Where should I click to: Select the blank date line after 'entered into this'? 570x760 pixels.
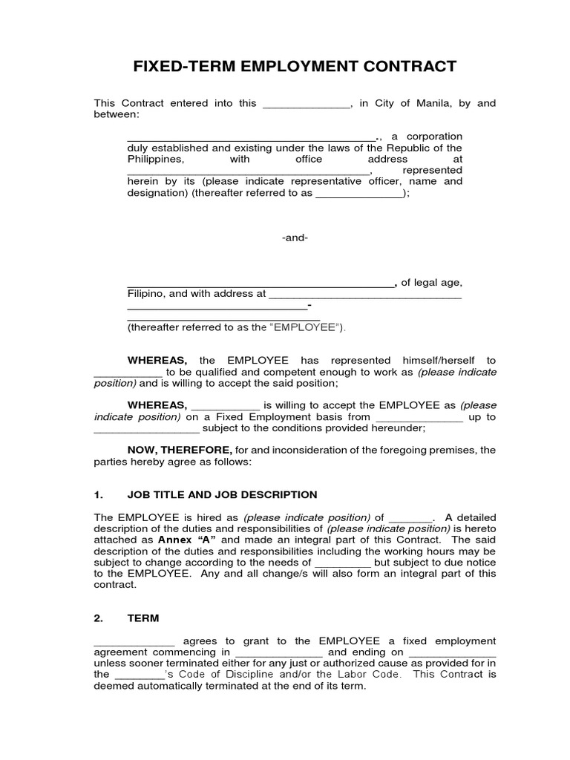click(x=305, y=104)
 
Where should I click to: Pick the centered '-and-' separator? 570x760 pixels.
click(x=295, y=237)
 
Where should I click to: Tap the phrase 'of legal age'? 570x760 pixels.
click(x=432, y=282)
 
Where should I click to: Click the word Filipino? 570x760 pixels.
click(x=145, y=293)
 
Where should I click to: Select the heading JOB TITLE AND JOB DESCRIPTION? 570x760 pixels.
click(x=222, y=494)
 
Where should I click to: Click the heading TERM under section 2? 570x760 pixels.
click(x=143, y=617)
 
